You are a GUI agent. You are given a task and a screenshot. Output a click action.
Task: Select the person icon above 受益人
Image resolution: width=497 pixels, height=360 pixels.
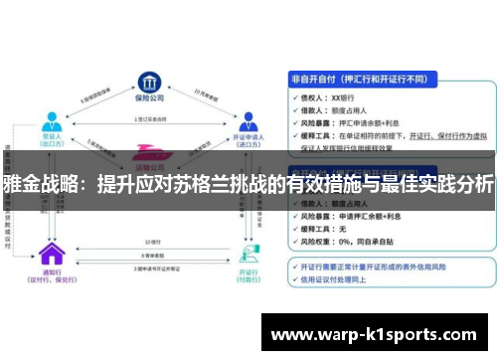tap(49, 121)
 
